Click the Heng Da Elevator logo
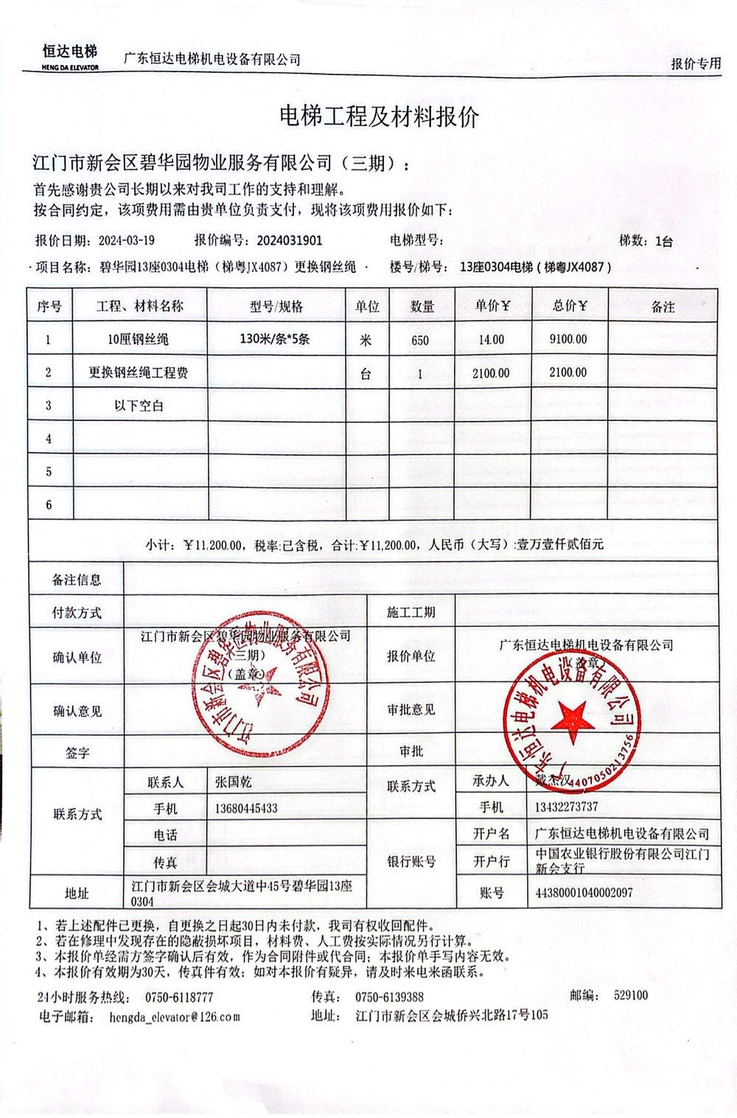tap(70, 57)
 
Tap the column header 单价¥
tap(491, 306)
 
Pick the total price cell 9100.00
tap(568, 339)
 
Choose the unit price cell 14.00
tap(491, 339)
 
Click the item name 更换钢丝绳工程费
tap(139, 373)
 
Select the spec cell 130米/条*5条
tap(275, 340)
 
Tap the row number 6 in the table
tap(49, 505)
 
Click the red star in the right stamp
tap(571, 716)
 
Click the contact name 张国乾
tap(234, 781)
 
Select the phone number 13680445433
tap(246, 808)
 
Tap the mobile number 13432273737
tap(566, 807)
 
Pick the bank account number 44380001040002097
tap(584, 892)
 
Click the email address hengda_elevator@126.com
tap(174, 1016)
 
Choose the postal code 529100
tap(631, 996)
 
